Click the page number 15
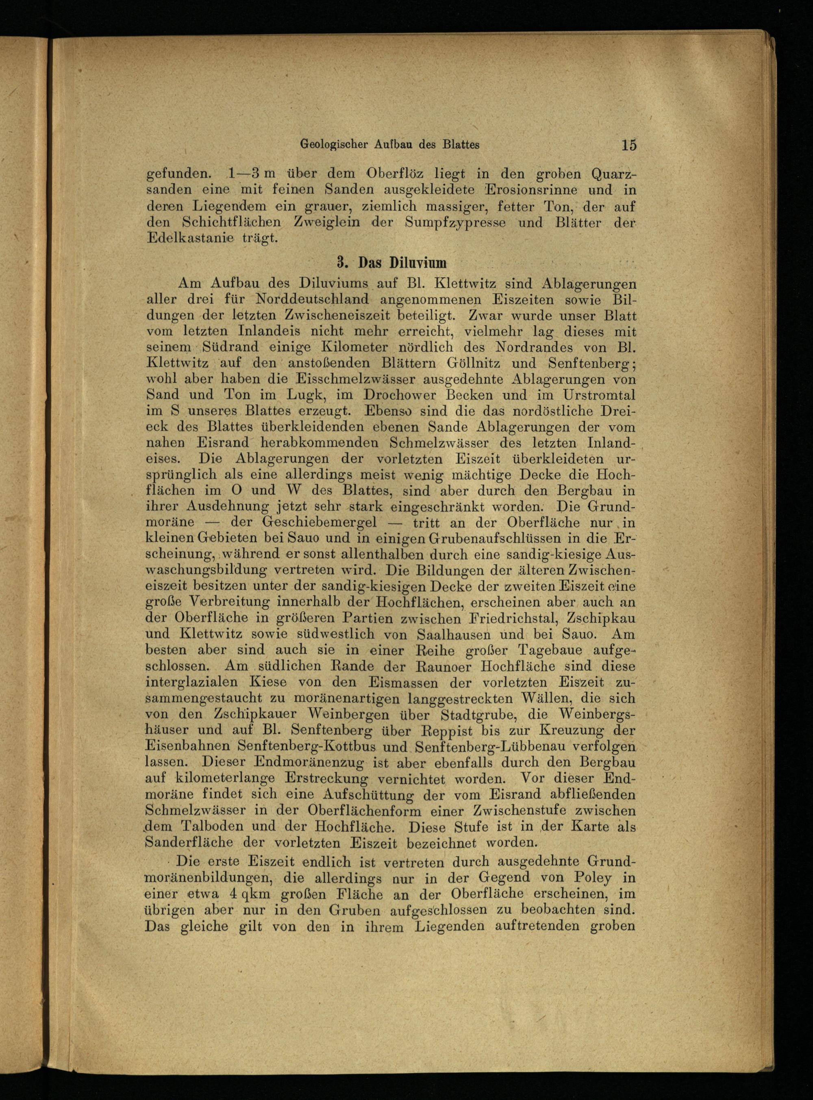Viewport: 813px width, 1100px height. [x=628, y=145]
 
